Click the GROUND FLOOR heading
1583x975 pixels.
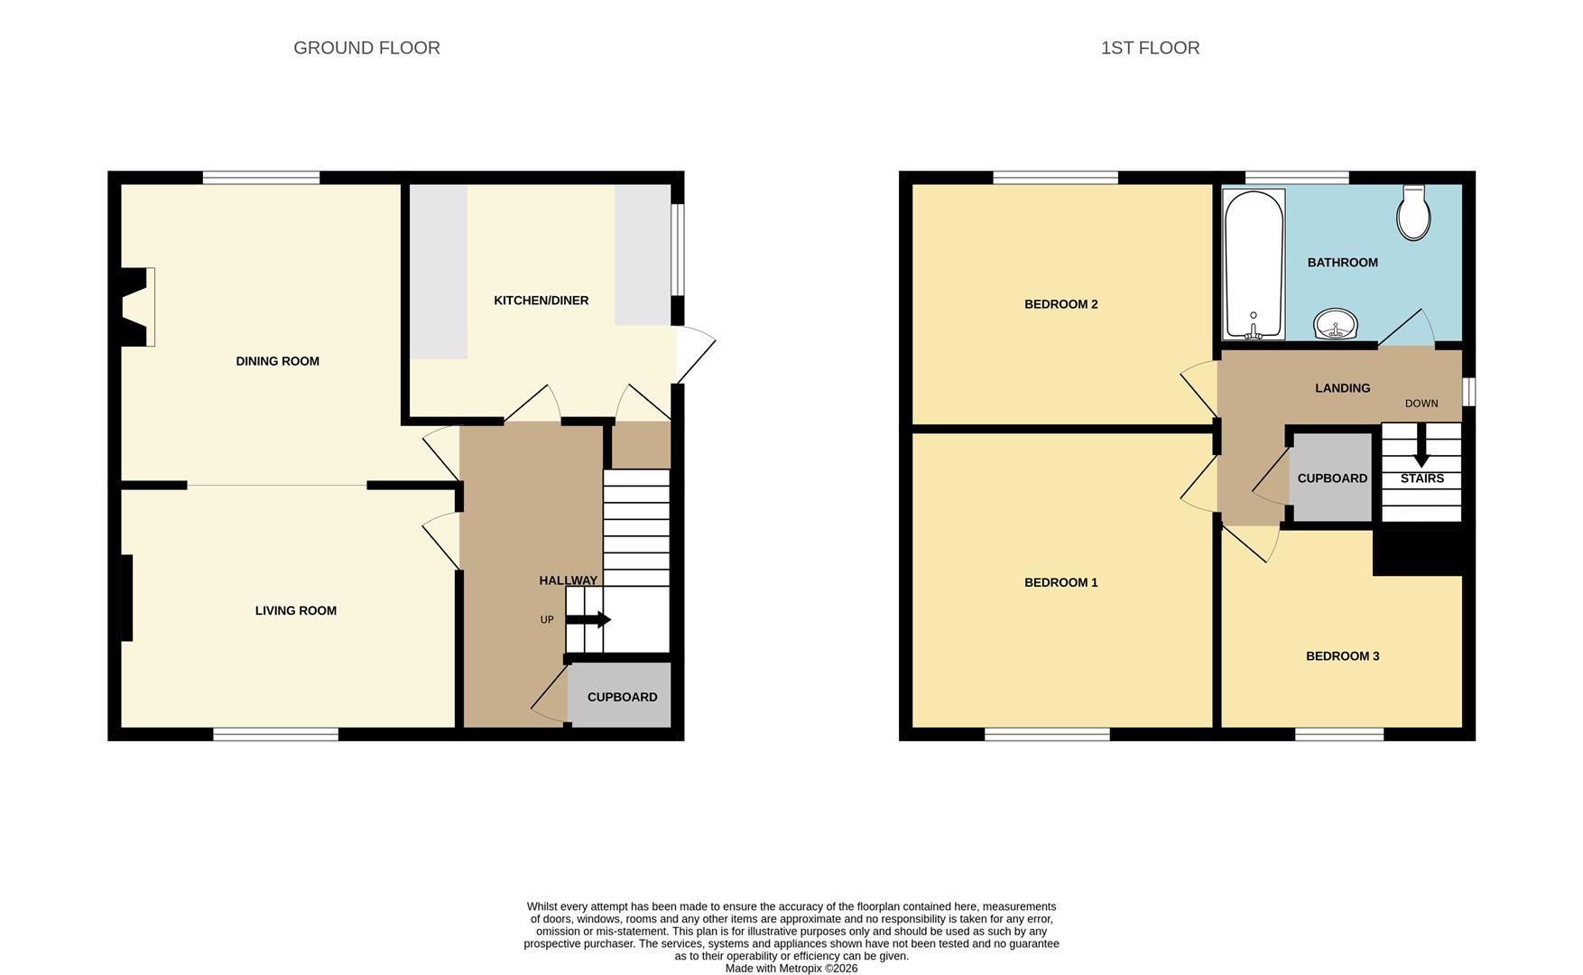[x=366, y=48]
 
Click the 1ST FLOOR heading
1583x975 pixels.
[x=1150, y=48]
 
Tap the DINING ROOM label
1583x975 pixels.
[x=277, y=361]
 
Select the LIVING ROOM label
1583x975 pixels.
[x=295, y=610]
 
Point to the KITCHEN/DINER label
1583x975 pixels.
[x=541, y=301]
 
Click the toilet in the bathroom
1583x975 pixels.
[x=1413, y=213]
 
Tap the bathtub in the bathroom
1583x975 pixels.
[x=1254, y=264]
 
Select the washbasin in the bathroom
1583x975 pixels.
[x=1336, y=323]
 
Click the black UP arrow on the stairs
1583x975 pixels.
[x=588, y=620]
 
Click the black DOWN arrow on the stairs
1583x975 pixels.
[x=1421, y=445]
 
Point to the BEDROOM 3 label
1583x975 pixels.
[x=1342, y=656]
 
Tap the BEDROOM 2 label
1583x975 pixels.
[x=1060, y=304]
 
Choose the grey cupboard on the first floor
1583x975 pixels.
[x=1331, y=478]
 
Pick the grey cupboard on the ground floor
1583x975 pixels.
[x=620, y=695]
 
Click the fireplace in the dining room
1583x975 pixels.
[x=137, y=307]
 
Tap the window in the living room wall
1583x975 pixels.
[x=275, y=734]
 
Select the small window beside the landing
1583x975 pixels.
[x=1468, y=392]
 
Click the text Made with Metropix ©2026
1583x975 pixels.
[x=791, y=969]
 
